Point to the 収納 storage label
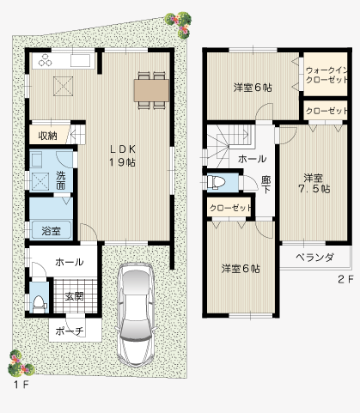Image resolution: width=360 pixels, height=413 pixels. (47, 136)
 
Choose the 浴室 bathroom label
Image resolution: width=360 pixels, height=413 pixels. (51, 230)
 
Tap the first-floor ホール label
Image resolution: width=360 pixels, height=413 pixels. (68, 262)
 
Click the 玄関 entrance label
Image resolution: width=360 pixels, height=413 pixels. (73, 296)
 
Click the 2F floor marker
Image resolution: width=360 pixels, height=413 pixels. (344, 280)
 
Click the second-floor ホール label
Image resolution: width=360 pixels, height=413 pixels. (252, 159)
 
